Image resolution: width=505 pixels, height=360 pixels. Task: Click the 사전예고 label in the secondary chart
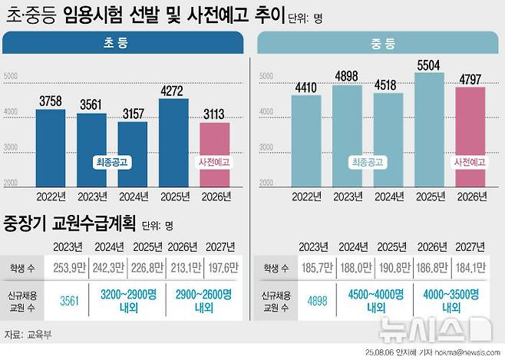point(470,163)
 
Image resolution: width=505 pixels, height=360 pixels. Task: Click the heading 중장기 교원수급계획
point(70,225)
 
